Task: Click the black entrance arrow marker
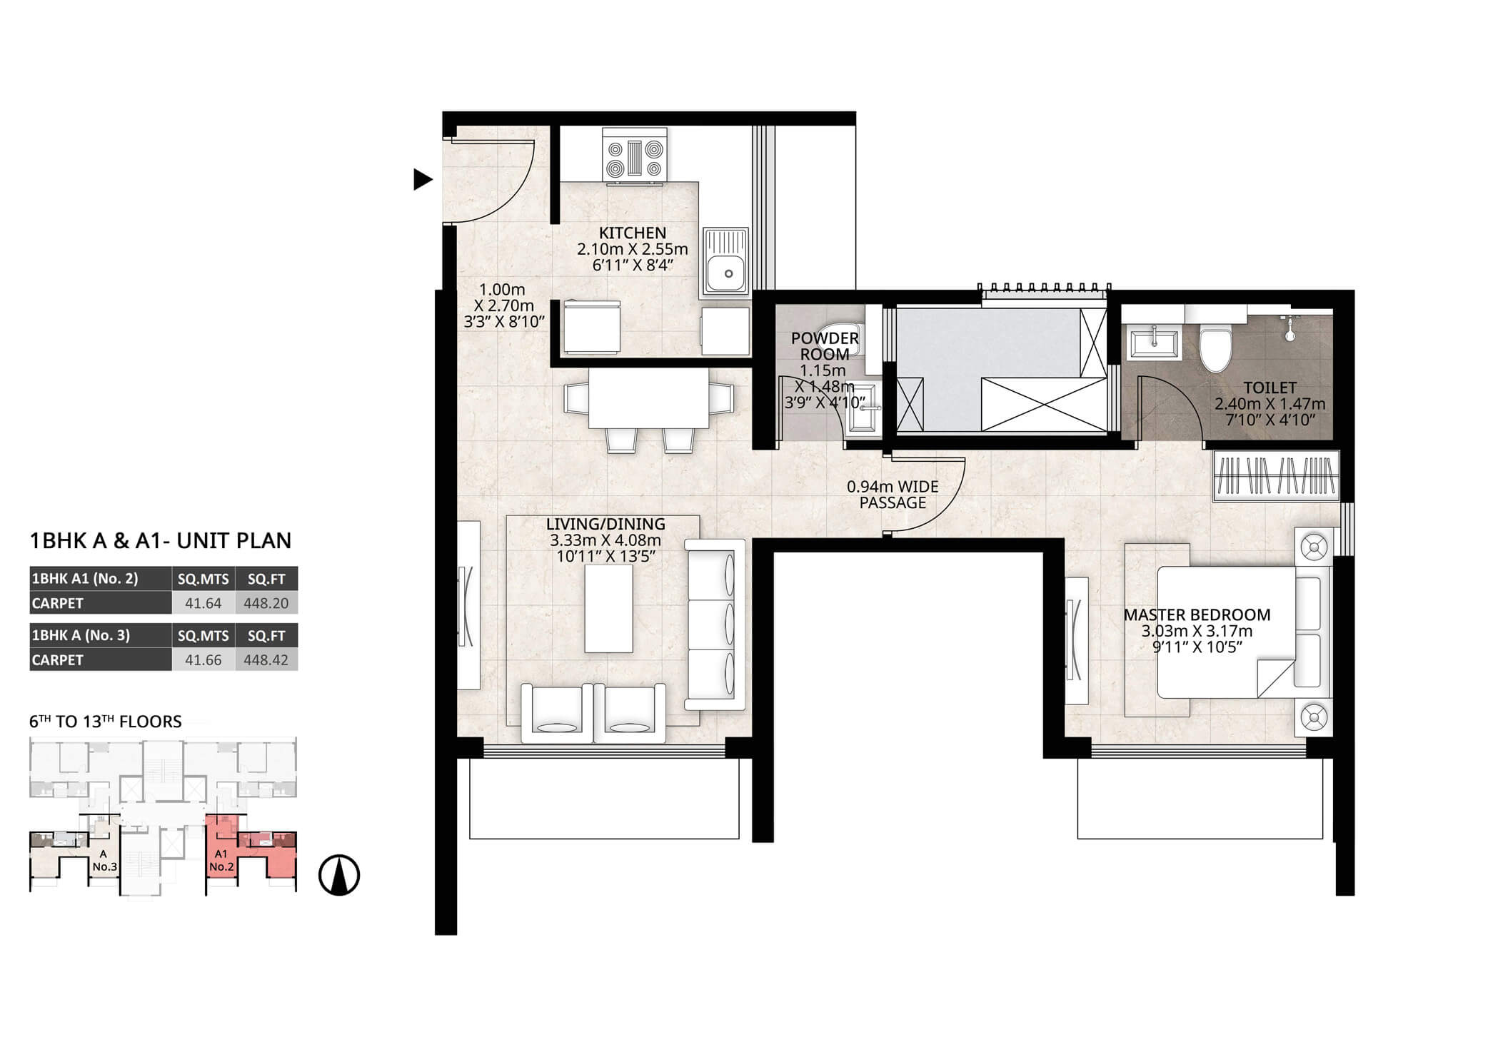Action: (x=422, y=179)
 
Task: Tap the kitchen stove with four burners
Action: (x=634, y=155)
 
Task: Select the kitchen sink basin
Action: (x=725, y=261)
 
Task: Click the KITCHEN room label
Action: (x=633, y=233)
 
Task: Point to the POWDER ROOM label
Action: (x=825, y=346)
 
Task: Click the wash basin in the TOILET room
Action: (x=1153, y=343)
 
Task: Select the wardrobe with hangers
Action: (x=1275, y=475)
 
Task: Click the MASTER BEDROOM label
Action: (x=1197, y=615)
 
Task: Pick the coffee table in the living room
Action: (x=608, y=608)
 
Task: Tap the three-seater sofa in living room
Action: (x=714, y=624)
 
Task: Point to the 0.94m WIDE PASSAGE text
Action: (x=893, y=495)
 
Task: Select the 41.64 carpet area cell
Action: (x=203, y=603)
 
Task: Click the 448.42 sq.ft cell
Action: (x=266, y=659)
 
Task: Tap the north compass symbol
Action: (x=339, y=876)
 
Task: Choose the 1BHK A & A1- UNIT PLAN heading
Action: (x=161, y=541)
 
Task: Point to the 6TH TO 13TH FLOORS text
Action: (x=106, y=722)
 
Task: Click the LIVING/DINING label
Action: (x=605, y=524)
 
